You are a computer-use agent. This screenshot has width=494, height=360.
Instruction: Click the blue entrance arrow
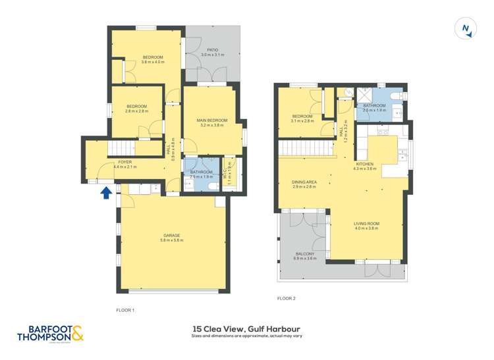[105, 193]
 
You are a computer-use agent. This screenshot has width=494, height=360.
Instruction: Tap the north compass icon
[466, 28]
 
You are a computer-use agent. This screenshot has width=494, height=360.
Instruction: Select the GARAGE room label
[171, 235]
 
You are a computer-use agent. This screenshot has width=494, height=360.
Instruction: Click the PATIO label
[212, 50]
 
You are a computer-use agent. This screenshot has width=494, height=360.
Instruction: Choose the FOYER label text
[124, 162]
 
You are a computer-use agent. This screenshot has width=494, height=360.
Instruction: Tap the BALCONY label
[304, 254]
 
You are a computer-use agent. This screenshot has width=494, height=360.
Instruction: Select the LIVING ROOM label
[367, 224]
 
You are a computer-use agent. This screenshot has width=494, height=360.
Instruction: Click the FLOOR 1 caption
[125, 309]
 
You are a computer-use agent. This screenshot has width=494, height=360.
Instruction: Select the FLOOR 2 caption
[287, 298]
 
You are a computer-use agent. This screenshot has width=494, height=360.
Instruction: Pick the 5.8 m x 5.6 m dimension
[171, 241]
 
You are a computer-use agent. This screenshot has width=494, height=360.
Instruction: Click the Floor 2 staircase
[302, 148]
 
